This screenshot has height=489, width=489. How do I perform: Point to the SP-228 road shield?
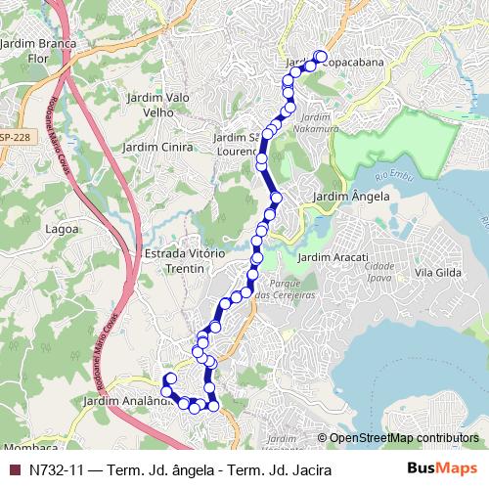click(13, 137)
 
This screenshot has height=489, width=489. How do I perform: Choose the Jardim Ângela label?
click(351, 197)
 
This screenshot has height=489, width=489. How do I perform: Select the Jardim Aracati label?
click(337, 256)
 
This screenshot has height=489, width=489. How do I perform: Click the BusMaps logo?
click(442, 468)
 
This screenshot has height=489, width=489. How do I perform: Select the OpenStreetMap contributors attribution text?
click(402, 437)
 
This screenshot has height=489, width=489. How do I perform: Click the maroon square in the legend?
click(14, 469)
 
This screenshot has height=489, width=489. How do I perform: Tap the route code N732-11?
click(58, 469)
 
